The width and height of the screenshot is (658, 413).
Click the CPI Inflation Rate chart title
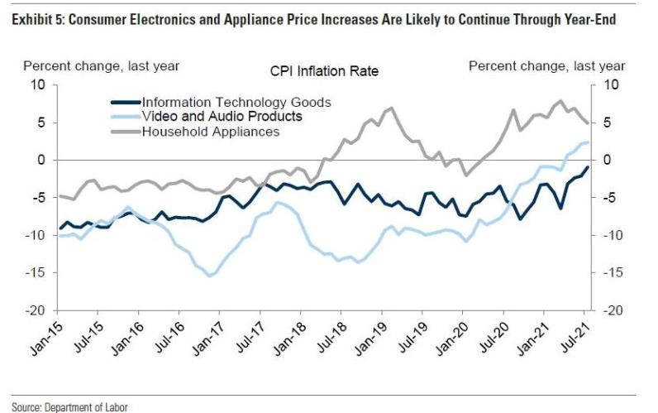pyautogui.click(x=324, y=71)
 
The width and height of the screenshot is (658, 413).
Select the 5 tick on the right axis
pyautogui.click(x=609, y=122)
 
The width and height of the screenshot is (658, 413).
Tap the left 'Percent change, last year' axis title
pyautogui.click(x=101, y=65)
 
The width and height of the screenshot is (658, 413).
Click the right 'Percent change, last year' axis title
pyautogui.click(x=547, y=65)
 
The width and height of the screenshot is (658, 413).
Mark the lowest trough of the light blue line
pyautogui.click(x=209, y=276)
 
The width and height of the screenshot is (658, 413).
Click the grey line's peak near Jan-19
pyautogui.click(x=389, y=108)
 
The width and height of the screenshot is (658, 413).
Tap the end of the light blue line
pyautogui.click(x=588, y=142)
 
